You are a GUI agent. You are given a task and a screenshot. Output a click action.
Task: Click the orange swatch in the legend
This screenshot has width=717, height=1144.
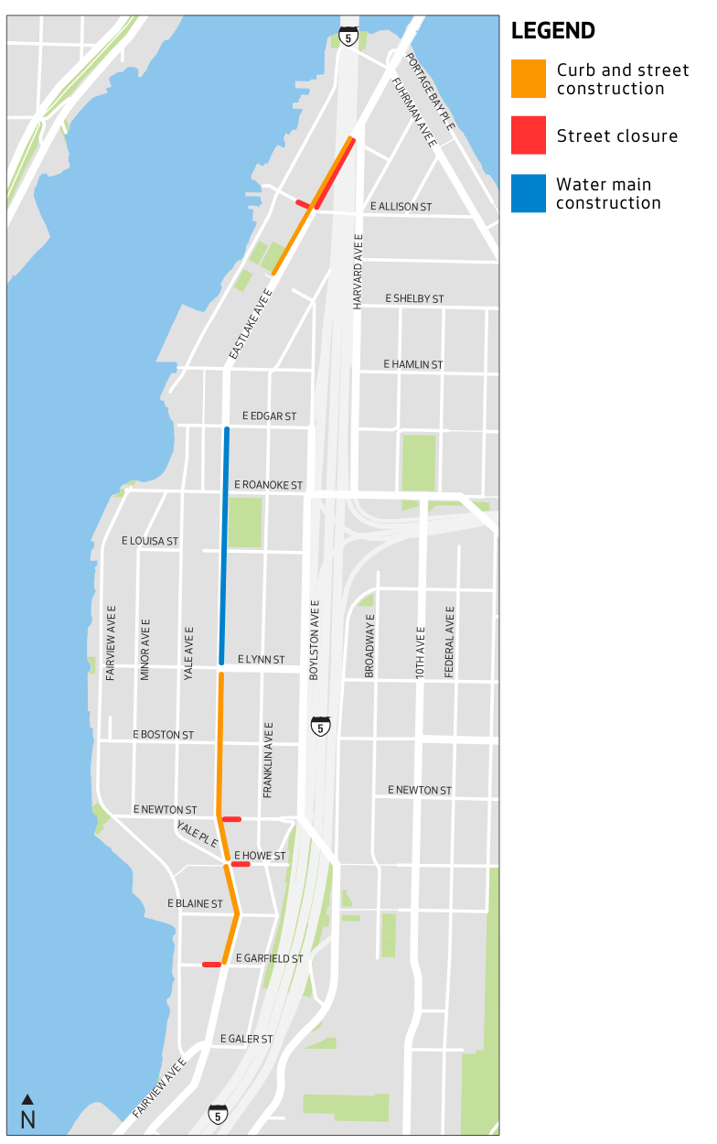[x=529, y=79]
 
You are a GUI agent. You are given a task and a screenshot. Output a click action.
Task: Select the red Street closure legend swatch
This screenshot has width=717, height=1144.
[x=529, y=135]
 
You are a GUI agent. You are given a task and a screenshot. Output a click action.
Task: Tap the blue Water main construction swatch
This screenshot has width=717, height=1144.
[x=529, y=193]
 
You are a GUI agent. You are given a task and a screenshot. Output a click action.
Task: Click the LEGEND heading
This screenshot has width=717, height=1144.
[x=552, y=31]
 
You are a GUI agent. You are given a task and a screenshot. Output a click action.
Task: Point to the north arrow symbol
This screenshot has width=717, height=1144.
[x=27, y=1099]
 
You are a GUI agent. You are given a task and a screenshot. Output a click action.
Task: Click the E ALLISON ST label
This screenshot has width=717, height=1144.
[x=401, y=207]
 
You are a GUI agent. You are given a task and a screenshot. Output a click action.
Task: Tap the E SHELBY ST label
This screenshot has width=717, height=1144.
[x=414, y=299]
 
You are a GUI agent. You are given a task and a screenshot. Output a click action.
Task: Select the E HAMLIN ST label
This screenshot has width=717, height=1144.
[x=413, y=364]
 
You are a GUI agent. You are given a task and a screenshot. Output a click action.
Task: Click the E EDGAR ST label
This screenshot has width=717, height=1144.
[x=269, y=416]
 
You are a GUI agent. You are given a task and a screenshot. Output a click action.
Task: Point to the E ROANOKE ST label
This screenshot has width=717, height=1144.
[x=268, y=484]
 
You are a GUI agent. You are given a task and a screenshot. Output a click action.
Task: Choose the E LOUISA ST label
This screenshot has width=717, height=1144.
[x=150, y=541]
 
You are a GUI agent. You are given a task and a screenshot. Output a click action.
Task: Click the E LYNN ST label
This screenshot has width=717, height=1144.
[x=261, y=660]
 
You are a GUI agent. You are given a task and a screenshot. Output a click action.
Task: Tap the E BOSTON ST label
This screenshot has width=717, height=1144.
[x=163, y=735]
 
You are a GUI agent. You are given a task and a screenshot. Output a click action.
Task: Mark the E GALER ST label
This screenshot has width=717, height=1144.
[x=247, y=1039]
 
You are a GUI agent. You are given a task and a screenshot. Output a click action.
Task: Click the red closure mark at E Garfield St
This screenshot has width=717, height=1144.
[x=211, y=964]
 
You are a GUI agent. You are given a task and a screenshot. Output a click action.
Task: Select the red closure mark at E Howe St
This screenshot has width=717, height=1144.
[x=241, y=864]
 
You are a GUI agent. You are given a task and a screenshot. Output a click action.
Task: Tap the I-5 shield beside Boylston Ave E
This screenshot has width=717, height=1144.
[x=320, y=727]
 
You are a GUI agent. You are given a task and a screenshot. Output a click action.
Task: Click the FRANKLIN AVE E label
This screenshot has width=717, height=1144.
[x=269, y=760]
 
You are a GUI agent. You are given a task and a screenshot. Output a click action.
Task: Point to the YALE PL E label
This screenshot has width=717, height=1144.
[x=197, y=833]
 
